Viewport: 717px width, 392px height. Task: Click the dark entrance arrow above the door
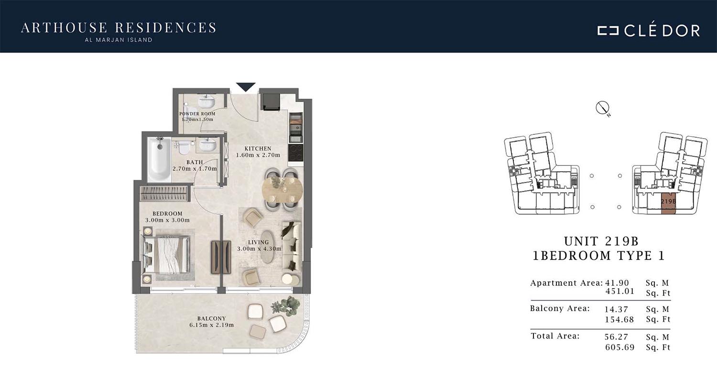246,87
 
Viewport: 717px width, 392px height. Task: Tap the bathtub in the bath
159,158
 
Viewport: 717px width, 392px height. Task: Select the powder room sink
206,101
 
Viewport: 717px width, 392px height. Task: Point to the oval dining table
282,189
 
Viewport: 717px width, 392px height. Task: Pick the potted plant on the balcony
286,306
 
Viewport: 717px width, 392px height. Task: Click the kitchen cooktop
295,153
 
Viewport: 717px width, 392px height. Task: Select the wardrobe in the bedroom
163,194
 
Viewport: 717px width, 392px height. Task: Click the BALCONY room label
212,318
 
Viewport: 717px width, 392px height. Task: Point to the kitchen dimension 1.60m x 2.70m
258,155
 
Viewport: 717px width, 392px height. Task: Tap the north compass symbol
602,108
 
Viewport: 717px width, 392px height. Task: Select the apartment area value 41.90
617,283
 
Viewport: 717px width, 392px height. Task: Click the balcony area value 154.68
619,319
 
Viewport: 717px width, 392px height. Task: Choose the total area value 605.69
619,347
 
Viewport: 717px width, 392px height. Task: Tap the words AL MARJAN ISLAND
119,40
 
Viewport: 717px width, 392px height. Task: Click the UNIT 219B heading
601,241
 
